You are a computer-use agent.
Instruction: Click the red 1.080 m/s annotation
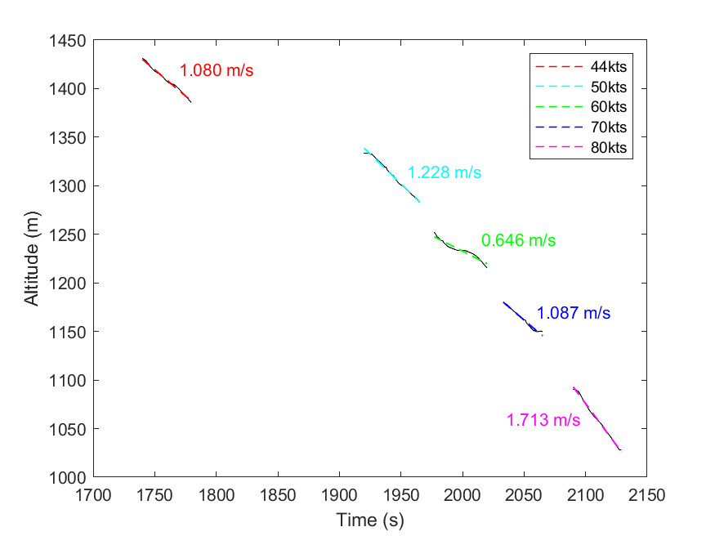point(217,71)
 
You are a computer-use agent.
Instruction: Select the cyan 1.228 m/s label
point(445,173)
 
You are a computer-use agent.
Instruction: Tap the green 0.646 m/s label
point(518,241)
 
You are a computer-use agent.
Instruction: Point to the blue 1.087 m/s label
point(574,314)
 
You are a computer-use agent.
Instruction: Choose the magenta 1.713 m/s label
point(543,421)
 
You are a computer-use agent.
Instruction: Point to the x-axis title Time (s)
point(369,520)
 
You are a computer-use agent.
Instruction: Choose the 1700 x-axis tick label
point(93,494)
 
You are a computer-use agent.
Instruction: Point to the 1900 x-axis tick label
point(339,494)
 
